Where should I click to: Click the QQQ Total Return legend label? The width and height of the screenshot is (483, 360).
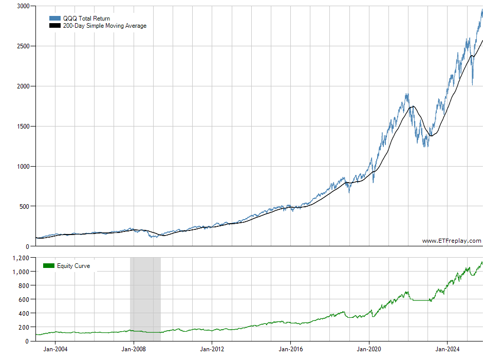86,19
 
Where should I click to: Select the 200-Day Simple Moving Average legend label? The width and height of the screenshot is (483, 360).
104,26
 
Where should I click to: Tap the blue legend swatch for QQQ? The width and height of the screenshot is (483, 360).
55,19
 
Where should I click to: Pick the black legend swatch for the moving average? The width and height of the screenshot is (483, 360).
55,26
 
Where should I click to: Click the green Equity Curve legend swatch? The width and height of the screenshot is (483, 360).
49,266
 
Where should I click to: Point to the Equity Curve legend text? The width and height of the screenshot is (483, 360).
73,266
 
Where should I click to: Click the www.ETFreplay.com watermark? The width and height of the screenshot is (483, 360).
452,241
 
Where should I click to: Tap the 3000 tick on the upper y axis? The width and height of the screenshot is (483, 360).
22,6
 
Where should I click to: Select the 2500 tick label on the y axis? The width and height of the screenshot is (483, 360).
22,46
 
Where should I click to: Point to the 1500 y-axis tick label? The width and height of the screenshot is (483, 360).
22,126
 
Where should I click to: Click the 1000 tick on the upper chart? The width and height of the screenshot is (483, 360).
22,166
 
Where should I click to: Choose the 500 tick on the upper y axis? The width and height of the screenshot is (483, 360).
24,206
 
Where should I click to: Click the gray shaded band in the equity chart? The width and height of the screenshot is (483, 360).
145,298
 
